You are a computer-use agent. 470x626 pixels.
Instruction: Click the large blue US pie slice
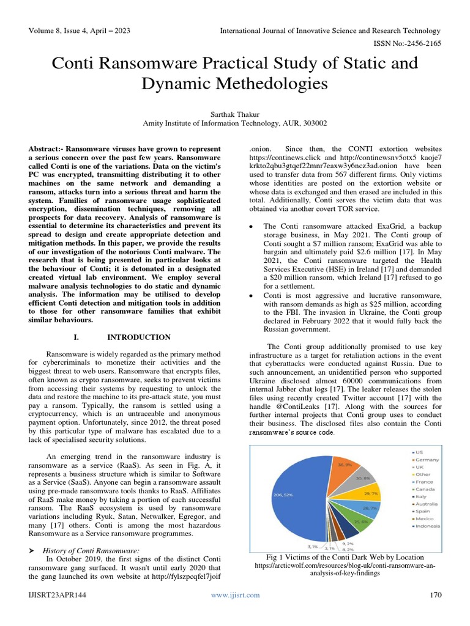tap(294, 501)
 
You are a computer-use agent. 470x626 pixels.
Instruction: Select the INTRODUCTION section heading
tap(139, 337)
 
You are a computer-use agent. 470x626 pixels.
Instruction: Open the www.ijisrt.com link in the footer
tap(235, 595)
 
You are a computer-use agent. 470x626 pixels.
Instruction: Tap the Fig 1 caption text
tap(345, 557)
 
